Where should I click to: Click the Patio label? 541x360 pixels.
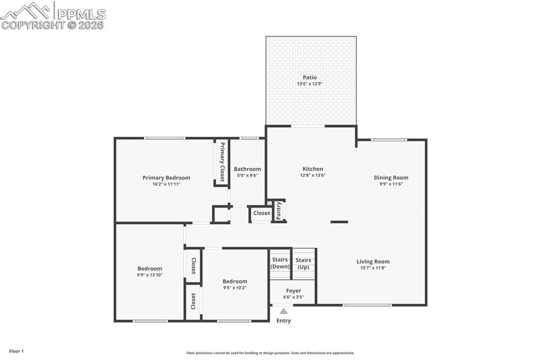[x=310, y=78]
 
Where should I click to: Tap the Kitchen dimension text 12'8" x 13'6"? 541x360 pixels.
[x=313, y=175]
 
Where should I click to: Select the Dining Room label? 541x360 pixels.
[x=391, y=178]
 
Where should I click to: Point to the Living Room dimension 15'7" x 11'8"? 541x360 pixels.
[x=373, y=268]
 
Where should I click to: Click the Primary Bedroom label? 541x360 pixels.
[x=166, y=178]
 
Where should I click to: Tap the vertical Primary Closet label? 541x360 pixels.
[x=222, y=162]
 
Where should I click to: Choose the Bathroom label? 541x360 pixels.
[x=247, y=169]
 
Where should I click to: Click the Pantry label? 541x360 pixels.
[x=279, y=211]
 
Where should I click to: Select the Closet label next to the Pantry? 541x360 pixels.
[x=262, y=213]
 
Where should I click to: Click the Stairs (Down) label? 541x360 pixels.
[x=280, y=263]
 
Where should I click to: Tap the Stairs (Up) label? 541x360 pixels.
[x=303, y=263]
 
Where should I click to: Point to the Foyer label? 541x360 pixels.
[x=294, y=291]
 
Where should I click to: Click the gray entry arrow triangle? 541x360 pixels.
[x=284, y=311]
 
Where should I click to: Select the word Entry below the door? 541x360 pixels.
[x=284, y=320]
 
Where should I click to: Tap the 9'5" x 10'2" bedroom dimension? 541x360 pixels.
[x=235, y=288]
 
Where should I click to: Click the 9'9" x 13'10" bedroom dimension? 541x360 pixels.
[x=150, y=275]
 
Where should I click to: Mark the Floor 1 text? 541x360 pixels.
[x=16, y=351]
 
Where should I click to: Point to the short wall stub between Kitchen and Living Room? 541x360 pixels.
[x=339, y=222]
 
